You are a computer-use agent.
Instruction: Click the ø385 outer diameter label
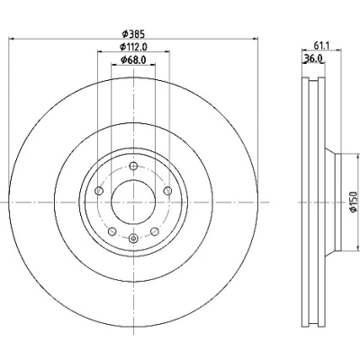coord(133,34)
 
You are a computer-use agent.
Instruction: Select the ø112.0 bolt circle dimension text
coord(133,47)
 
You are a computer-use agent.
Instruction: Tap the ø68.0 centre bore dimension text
coord(133,60)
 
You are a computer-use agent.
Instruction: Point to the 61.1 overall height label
coord(322,46)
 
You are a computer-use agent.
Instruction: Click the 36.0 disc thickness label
coord(313,58)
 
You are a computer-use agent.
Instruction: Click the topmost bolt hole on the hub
coord(133,166)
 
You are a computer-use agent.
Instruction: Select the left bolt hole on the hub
coord(99,191)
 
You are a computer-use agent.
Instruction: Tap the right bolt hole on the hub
coord(168,191)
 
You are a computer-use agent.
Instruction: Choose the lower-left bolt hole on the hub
coord(112,231)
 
